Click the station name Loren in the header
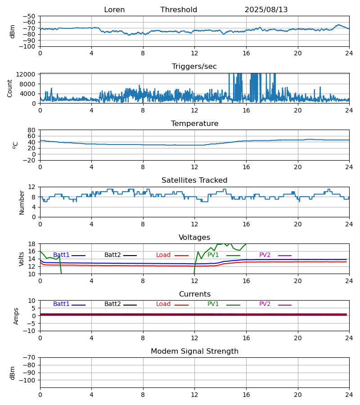pyautogui.click(x=114, y=10)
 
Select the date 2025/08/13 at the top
pyautogui.click(x=266, y=10)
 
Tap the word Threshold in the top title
pyautogui.click(x=179, y=10)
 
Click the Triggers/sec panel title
pyautogui.click(x=194, y=67)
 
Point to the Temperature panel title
pyautogui.click(x=194, y=124)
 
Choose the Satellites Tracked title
pyautogui.click(x=194, y=180)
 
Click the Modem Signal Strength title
pyautogui.click(x=194, y=351)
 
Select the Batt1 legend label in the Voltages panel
pyautogui.click(x=61, y=255)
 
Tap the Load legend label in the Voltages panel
pyautogui.click(x=163, y=255)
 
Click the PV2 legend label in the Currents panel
pyautogui.click(x=265, y=304)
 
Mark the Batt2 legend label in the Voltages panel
pyautogui.click(x=112, y=255)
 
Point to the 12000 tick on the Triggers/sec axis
pyautogui.click(x=27, y=74)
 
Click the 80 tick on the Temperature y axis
pyautogui.click(x=31, y=130)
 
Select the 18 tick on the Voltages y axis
pyautogui.click(x=31, y=244)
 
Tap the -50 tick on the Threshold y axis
pyautogui.click(x=29, y=16)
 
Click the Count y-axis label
pyautogui.click(x=10, y=88)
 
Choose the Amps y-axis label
pyautogui.click(x=16, y=316)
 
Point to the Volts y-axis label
pyautogui.click(x=22, y=259)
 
